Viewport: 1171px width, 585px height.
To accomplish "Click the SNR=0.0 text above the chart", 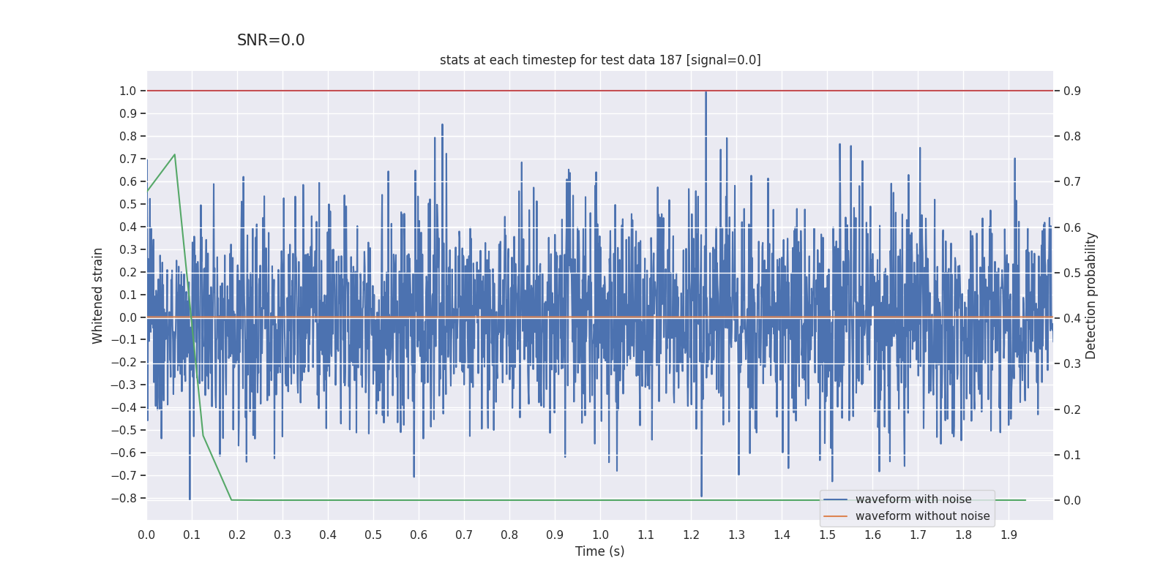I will (x=271, y=41).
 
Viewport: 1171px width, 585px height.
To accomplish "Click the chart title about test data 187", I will (x=600, y=60).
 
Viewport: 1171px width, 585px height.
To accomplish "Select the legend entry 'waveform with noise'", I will (x=913, y=499).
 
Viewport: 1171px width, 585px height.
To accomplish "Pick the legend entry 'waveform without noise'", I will (x=922, y=516).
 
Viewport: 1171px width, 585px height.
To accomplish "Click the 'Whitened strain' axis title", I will (x=98, y=295).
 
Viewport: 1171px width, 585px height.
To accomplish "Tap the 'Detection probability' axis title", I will (x=1091, y=295).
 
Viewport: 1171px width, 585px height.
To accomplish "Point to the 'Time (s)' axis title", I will (x=599, y=551).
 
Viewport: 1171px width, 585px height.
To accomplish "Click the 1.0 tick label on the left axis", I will (x=127, y=91).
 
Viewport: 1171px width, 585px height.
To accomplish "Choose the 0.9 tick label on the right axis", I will (x=1072, y=91).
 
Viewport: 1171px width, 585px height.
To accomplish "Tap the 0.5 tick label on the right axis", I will (x=1072, y=273).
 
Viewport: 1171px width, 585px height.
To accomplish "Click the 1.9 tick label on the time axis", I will (x=1009, y=535).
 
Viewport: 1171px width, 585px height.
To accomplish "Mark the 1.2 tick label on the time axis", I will (x=691, y=535).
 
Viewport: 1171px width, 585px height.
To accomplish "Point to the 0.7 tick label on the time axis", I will (x=464, y=535).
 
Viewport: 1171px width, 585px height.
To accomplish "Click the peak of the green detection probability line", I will (x=174, y=154).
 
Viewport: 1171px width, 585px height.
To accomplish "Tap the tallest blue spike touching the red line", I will (x=706, y=92).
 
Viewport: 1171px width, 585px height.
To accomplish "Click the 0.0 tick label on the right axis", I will (x=1072, y=500).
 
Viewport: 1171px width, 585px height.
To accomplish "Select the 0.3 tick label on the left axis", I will (x=127, y=249).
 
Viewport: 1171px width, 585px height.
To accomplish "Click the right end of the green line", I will (x=1025, y=500).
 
